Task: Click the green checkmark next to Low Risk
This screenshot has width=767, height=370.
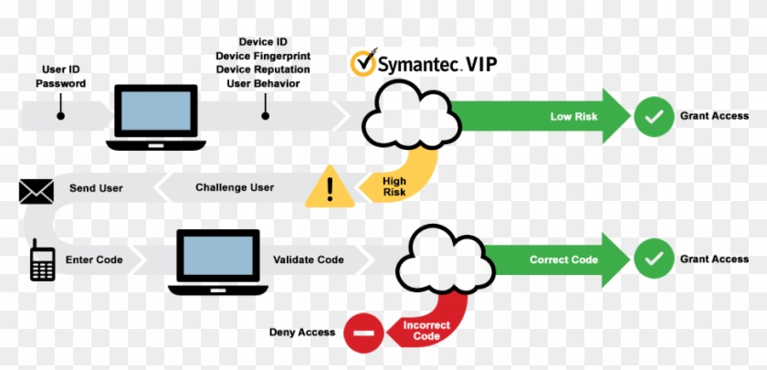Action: click(x=653, y=117)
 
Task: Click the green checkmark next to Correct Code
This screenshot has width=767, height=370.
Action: click(x=653, y=259)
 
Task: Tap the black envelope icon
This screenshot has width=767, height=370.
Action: click(x=37, y=190)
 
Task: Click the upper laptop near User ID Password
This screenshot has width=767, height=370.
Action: click(x=152, y=117)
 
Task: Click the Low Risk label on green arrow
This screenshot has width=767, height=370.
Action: click(x=573, y=117)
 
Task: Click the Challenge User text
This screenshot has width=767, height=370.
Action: click(x=235, y=188)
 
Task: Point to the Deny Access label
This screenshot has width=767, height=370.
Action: click(x=301, y=333)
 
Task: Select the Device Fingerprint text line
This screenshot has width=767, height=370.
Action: click(x=262, y=56)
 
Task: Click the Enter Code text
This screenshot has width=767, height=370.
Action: click(x=94, y=260)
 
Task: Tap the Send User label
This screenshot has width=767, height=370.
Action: click(x=96, y=188)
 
